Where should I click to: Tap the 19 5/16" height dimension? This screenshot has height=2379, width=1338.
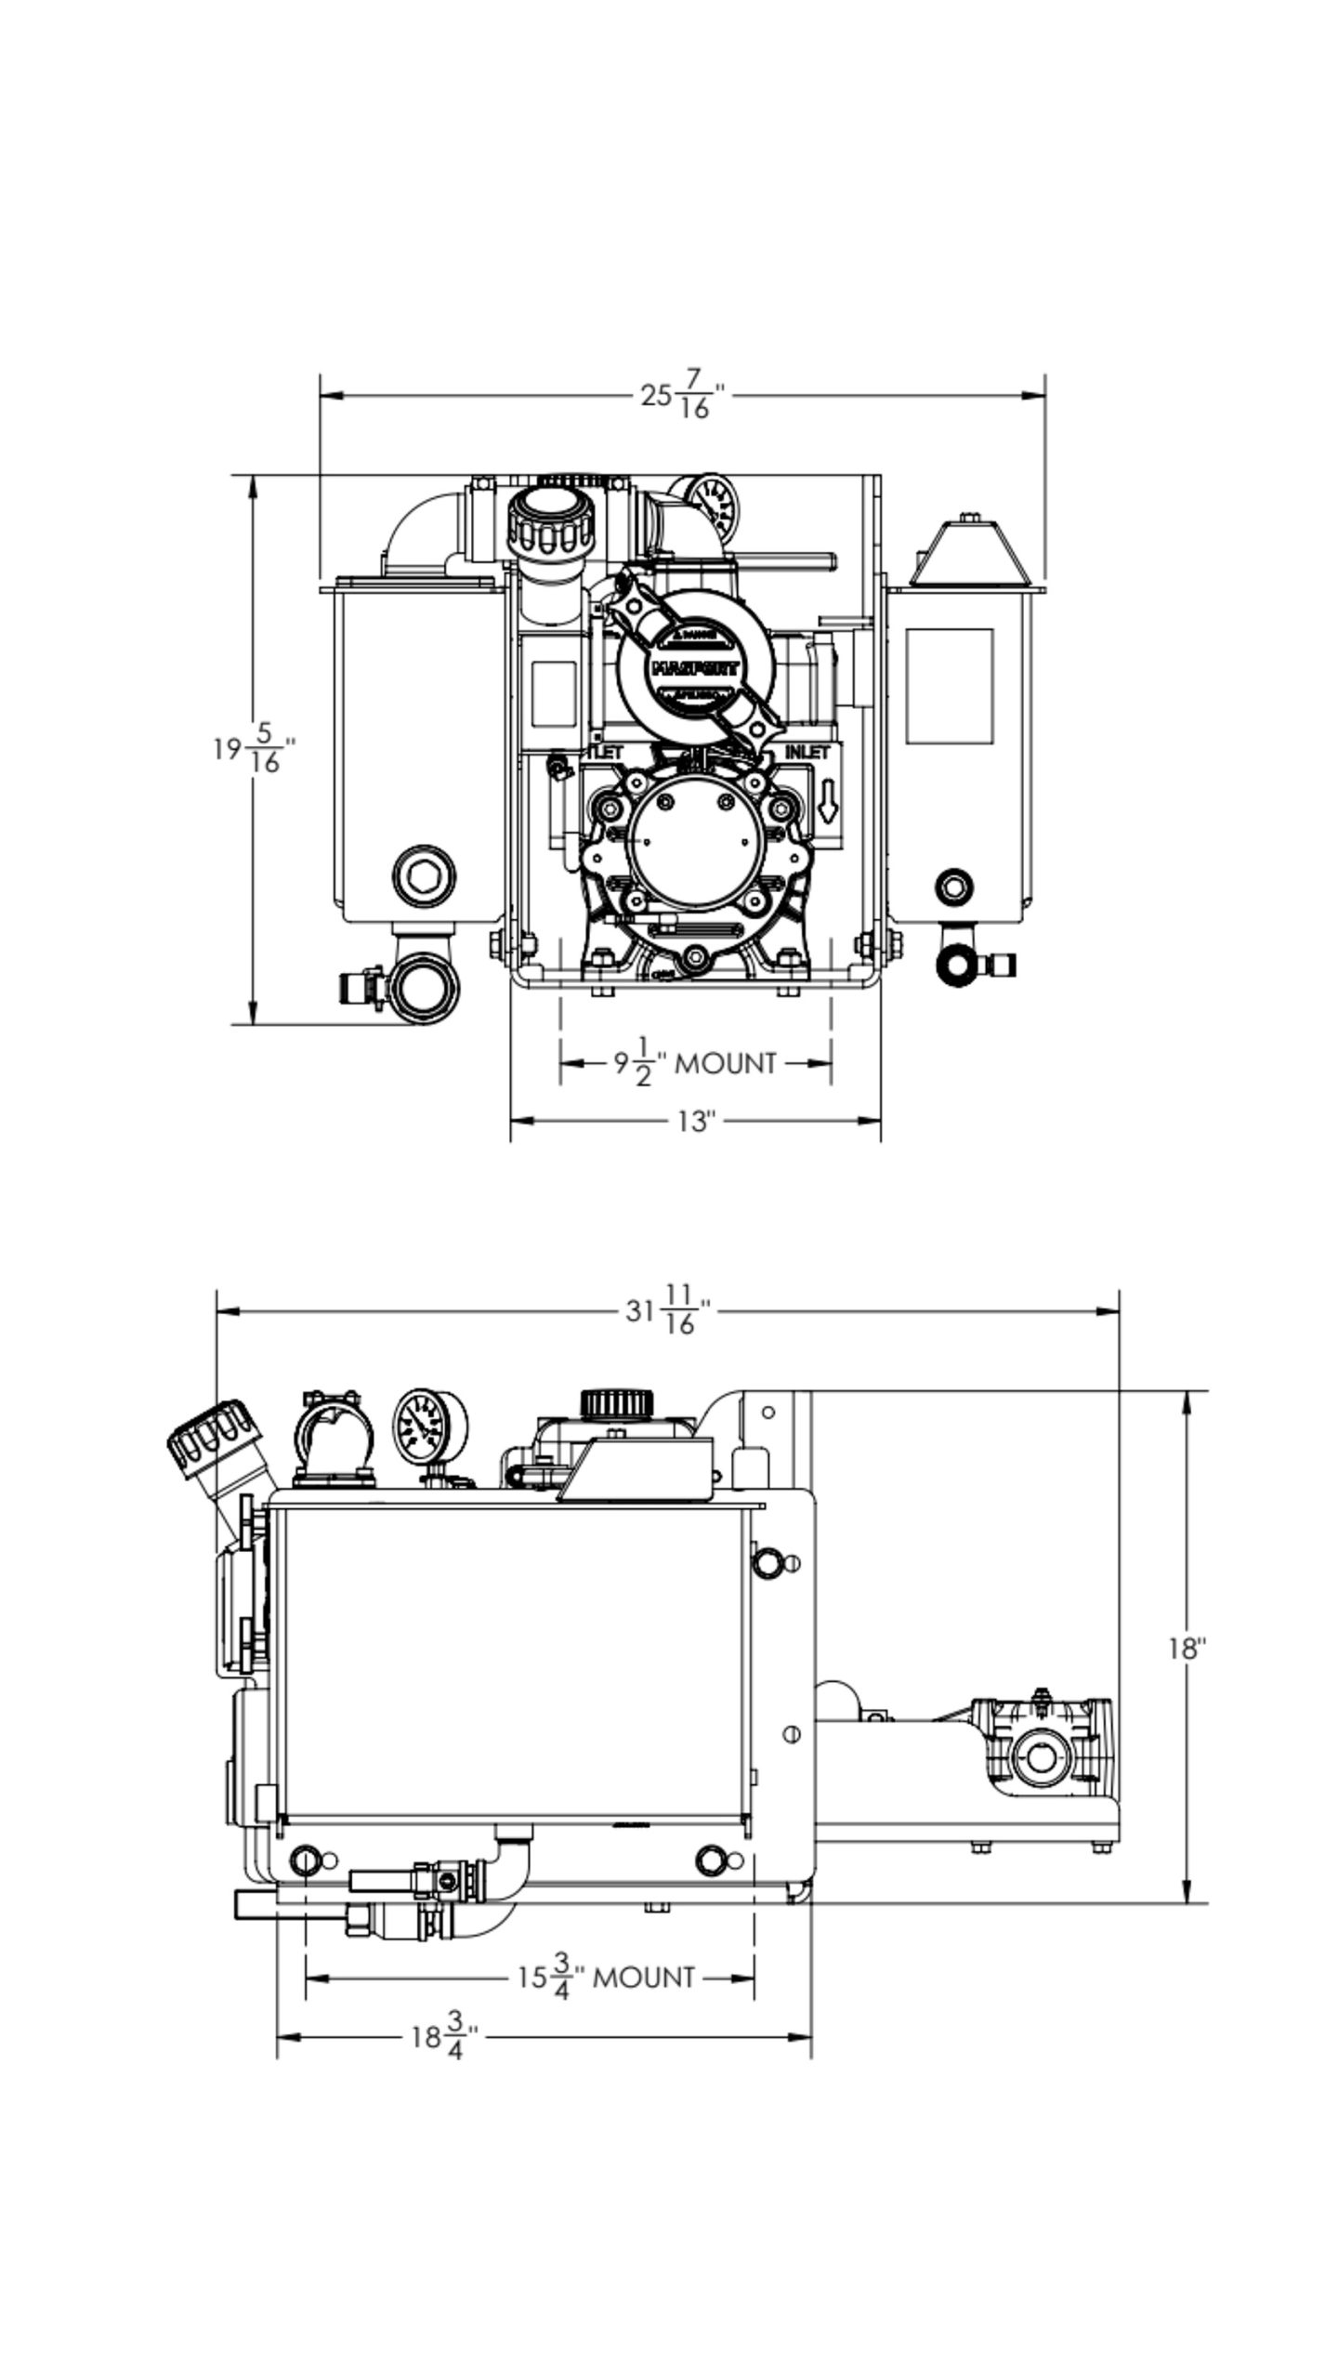tap(254, 749)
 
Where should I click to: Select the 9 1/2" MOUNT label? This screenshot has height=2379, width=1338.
tap(694, 1063)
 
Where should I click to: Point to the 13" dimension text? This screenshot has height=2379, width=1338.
tap(694, 1122)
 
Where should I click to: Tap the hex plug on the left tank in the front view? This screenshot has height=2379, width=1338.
tap(423, 874)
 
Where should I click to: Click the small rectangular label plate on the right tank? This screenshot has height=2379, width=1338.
tap(949, 686)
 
